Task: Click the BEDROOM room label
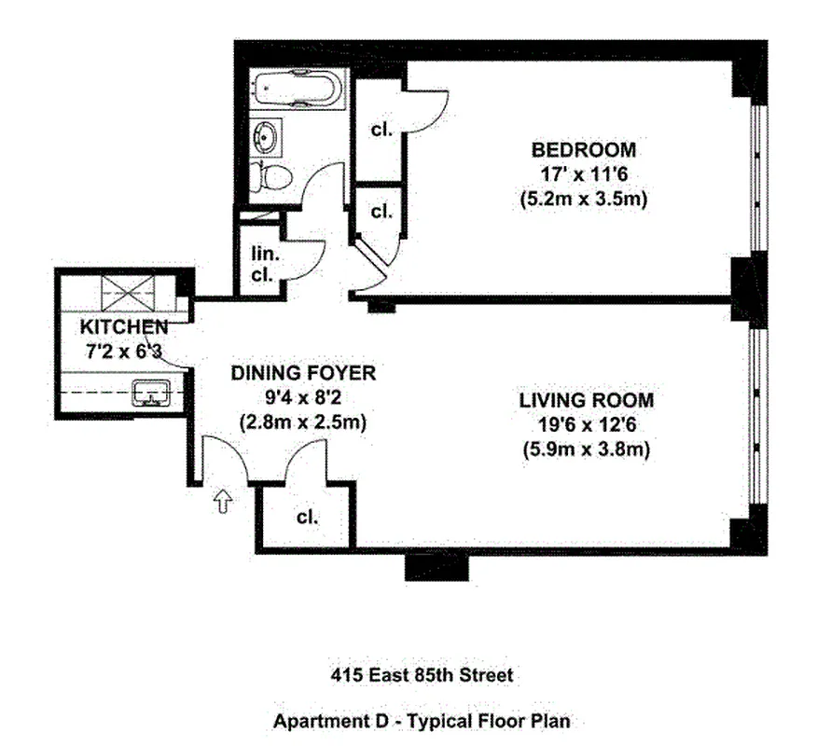pyautogui.click(x=584, y=149)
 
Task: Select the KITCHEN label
pyautogui.click(x=123, y=327)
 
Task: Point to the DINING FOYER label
pyautogui.click(x=302, y=373)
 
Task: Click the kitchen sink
pyautogui.click(x=152, y=394)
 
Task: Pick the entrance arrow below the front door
pyautogui.click(x=223, y=503)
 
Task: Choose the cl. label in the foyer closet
pyautogui.click(x=307, y=518)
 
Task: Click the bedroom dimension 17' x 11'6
pyautogui.click(x=584, y=174)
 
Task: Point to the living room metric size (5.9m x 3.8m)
pyautogui.click(x=586, y=449)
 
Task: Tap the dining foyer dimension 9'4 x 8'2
pyautogui.click(x=302, y=397)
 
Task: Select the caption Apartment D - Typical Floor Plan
pyautogui.click(x=421, y=720)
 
